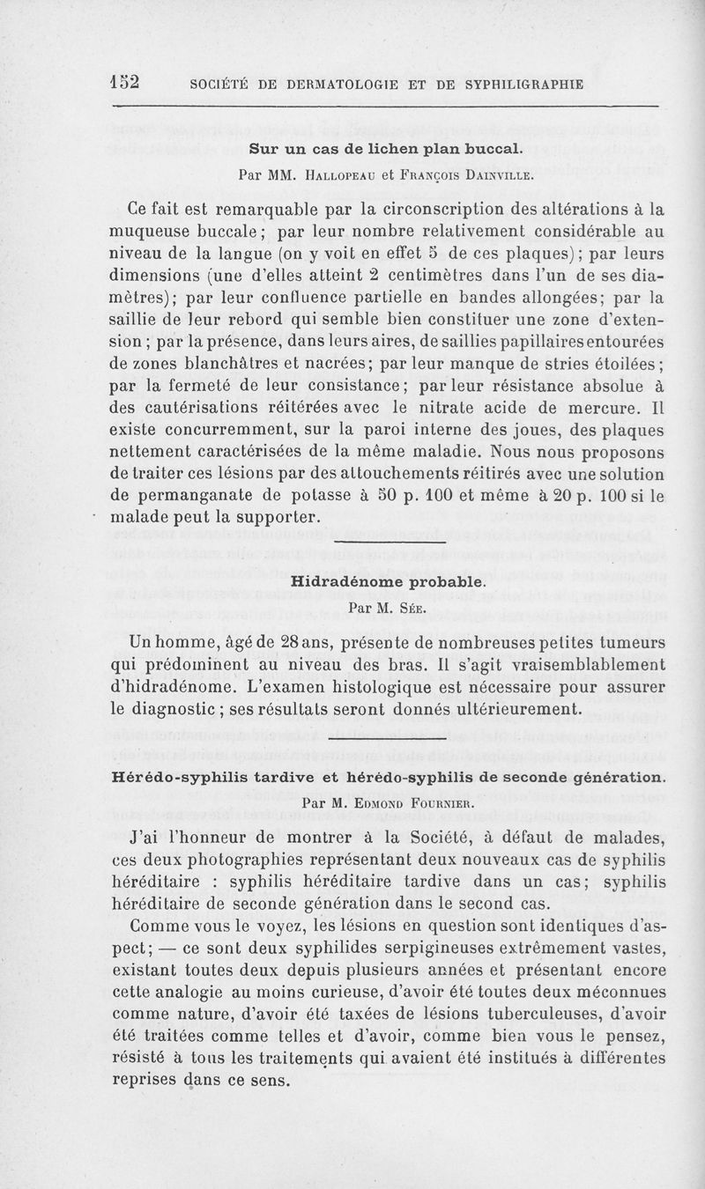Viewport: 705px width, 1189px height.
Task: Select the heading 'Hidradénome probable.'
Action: pyautogui.click(x=387, y=582)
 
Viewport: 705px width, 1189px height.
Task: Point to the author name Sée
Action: pyautogui.click(x=407, y=608)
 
